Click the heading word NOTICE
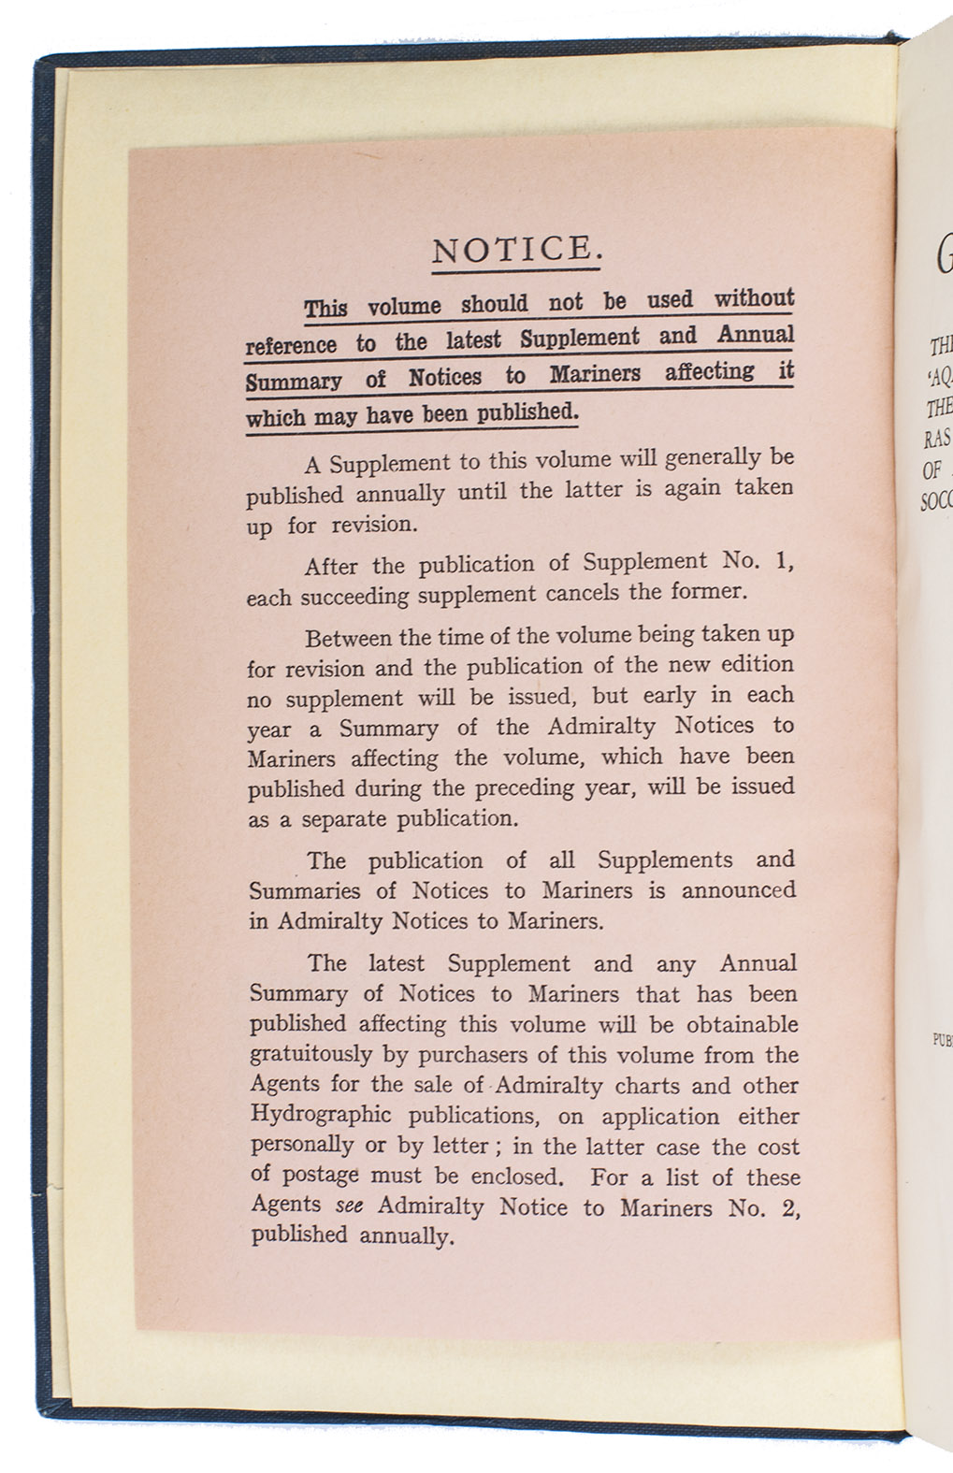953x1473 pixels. click(514, 249)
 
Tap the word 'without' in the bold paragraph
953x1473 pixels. click(754, 299)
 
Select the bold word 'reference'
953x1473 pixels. click(291, 344)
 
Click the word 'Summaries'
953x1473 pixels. click(302, 891)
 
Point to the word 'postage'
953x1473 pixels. click(319, 1177)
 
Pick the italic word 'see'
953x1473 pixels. click(348, 1206)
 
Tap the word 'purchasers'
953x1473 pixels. click(484, 1055)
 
